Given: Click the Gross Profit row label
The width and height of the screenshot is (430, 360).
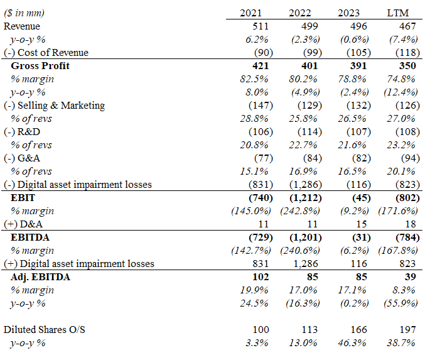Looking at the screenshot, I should click(x=40, y=66).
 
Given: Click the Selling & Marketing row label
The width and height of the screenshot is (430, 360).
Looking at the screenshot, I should click(x=55, y=106).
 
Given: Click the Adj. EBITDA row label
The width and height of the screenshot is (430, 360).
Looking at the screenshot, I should click(x=41, y=277).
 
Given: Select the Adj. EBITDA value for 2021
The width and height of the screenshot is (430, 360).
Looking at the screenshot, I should click(x=261, y=277).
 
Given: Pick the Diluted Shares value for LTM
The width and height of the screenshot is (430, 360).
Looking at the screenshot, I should click(x=406, y=330).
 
